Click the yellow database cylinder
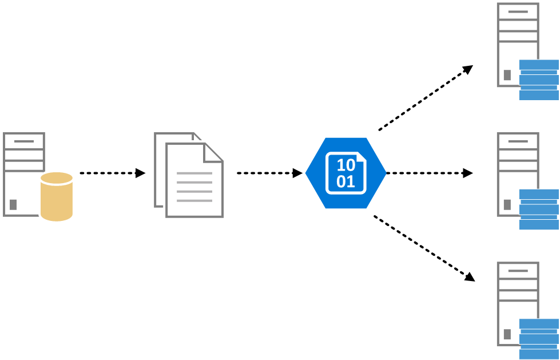point(57,197)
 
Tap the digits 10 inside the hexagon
point(346,165)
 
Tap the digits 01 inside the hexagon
point(346,182)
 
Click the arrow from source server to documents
point(112,173)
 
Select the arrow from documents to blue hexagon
point(269,173)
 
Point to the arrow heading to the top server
point(426,97)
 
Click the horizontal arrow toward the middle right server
point(429,173)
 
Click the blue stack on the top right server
point(538,80)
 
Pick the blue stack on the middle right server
point(538,209)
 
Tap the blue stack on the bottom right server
point(538,339)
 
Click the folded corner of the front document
point(213,152)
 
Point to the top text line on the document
point(194,173)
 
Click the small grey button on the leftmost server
point(13,204)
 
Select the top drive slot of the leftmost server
point(24,141)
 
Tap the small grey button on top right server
point(507,75)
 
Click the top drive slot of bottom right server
point(518,270)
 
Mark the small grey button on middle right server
point(507,204)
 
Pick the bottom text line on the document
point(194,200)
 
